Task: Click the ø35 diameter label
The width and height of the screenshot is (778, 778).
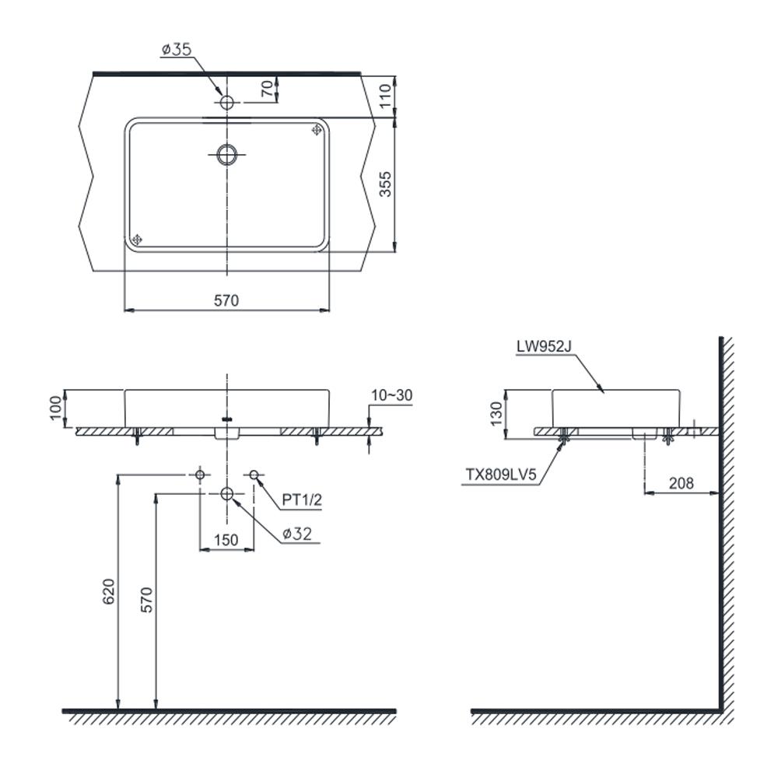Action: [x=177, y=49]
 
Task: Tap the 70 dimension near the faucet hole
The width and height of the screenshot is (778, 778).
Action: [x=267, y=89]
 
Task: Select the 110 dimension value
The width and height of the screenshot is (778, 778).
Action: [x=385, y=96]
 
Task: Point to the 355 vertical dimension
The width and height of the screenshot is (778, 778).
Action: [x=385, y=184]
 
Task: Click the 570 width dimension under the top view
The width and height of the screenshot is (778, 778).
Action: [x=226, y=300]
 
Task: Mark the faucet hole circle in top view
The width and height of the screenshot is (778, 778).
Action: [x=226, y=103]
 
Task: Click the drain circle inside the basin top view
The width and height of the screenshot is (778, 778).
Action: [x=226, y=154]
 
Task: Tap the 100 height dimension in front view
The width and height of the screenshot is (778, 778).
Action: [x=57, y=408]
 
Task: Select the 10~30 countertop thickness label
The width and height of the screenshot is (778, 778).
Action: [x=392, y=395]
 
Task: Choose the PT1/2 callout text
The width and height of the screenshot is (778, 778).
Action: [x=302, y=499]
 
